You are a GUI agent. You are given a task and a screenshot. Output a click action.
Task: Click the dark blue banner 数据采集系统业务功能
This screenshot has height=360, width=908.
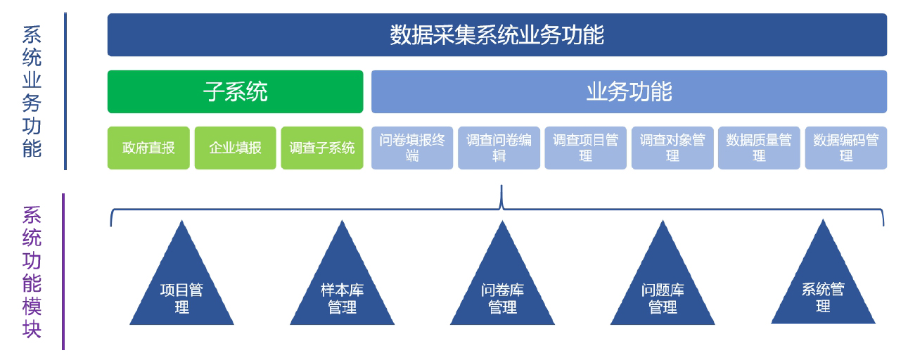pos(497,34)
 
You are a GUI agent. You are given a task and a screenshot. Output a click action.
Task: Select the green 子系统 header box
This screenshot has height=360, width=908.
pos(235,91)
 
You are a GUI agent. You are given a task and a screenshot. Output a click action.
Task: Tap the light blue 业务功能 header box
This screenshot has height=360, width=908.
pos(629,91)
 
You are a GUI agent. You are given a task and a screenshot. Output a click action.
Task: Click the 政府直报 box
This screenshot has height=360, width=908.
pos(148,148)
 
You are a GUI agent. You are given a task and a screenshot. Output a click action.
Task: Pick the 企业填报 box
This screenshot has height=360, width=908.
pos(235,148)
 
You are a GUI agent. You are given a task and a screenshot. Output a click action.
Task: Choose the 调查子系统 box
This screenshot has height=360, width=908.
pos(322,148)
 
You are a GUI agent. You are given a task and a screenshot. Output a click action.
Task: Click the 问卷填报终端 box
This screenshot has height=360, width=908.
pos(412,148)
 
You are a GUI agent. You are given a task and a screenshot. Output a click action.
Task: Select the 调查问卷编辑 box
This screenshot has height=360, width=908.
pos(499,148)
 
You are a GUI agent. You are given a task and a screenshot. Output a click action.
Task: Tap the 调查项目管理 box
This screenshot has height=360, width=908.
pos(585,148)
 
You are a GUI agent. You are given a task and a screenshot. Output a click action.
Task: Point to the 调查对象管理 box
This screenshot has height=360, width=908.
pos(672,148)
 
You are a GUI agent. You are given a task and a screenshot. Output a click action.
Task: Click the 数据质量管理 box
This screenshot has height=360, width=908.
pos(759,148)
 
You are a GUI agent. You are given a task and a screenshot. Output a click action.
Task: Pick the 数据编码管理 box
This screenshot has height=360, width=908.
pos(845,148)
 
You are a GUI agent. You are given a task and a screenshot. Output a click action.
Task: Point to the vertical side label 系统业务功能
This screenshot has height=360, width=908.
pos(32,91)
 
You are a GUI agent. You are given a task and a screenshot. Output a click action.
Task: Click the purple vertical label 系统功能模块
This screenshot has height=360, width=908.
pos(32,271)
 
